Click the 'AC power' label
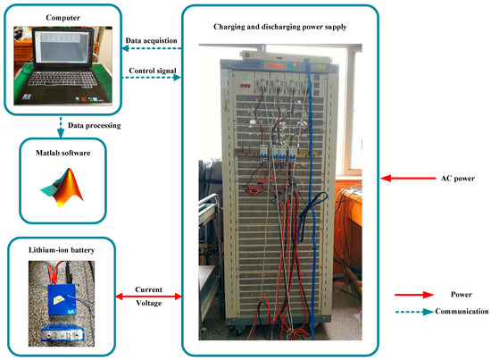442,178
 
